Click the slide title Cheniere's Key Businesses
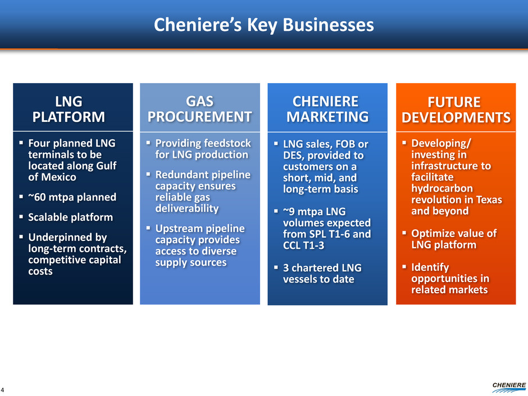coord(263,25)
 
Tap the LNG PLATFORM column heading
coord(69,109)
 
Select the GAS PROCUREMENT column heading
coord(199,109)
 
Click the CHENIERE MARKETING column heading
coord(327,109)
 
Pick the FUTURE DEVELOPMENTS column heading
coord(456,110)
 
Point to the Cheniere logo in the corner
coord(509,388)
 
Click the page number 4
coord(2,390)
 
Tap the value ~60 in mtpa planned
coord(37,197)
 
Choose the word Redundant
coord(179,175)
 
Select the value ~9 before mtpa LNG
coord(289,211)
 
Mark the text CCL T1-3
coord(303,245)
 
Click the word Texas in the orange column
coord(489,199)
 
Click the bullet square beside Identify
coord(404,267)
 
